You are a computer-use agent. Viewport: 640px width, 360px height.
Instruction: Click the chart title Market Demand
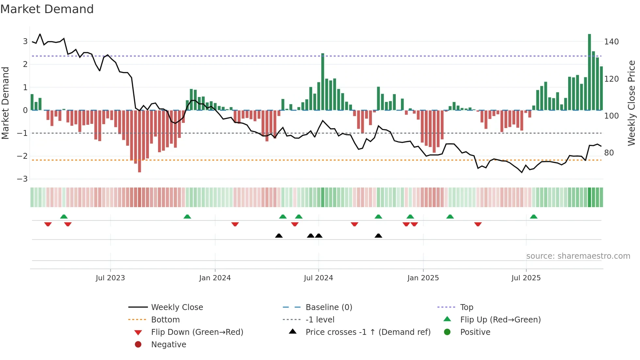47,9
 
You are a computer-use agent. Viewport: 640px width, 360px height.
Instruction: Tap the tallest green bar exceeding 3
589,72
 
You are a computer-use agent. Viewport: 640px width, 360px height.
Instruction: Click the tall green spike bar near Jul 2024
323,82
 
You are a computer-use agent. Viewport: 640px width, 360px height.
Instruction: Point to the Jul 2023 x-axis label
110,278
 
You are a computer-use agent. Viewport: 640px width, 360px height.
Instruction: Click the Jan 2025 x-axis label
423,278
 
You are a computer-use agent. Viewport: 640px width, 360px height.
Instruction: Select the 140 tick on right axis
611,42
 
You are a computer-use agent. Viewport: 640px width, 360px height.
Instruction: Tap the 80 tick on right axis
609,153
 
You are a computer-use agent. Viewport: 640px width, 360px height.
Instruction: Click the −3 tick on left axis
22,179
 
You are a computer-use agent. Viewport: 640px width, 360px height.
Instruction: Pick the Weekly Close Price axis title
631,103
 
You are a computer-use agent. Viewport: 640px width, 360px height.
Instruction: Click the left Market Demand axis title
5,103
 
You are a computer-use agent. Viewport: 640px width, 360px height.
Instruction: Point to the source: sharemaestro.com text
578,256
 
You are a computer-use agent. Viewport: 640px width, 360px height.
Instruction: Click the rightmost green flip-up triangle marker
534,217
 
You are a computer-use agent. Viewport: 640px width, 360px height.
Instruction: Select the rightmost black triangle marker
378,236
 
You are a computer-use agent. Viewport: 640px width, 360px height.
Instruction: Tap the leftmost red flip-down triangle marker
48,224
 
